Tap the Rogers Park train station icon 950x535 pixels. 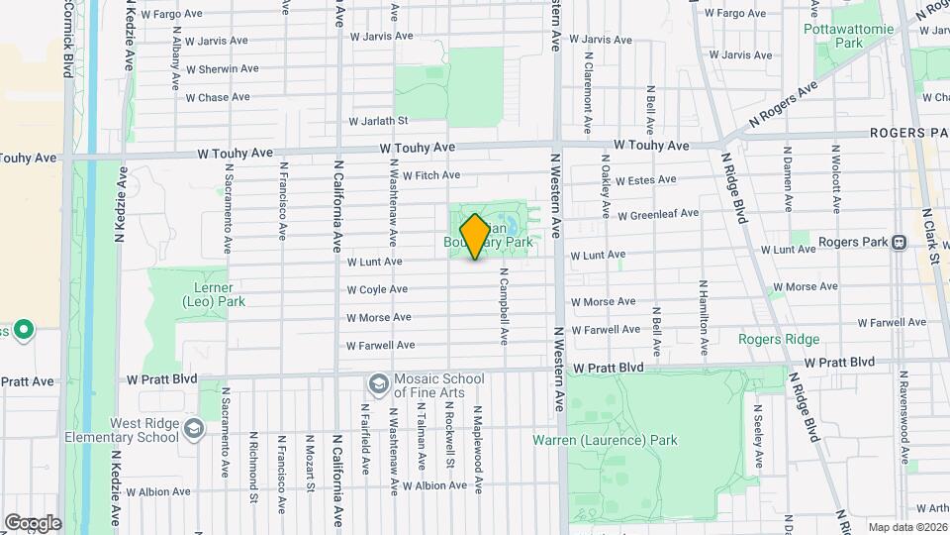click(x=900, y=241)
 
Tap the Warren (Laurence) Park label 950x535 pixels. click(x=606, y=440)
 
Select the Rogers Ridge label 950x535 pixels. click(x=779, y=340)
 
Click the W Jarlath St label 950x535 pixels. click(x=378, y=121)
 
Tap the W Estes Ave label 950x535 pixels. click(x=645, y=180)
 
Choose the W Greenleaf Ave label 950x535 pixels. click(x=658, y=214)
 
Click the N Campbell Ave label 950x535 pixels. click(x=504, y=306)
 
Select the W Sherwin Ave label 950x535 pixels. click(x=222, y=69)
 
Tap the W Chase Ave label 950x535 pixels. click(x=217, y=98)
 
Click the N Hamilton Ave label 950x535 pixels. click(x=704, y=317)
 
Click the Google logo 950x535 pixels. click(x=33, y=522)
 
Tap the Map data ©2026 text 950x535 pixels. click(x=906, y=527)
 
